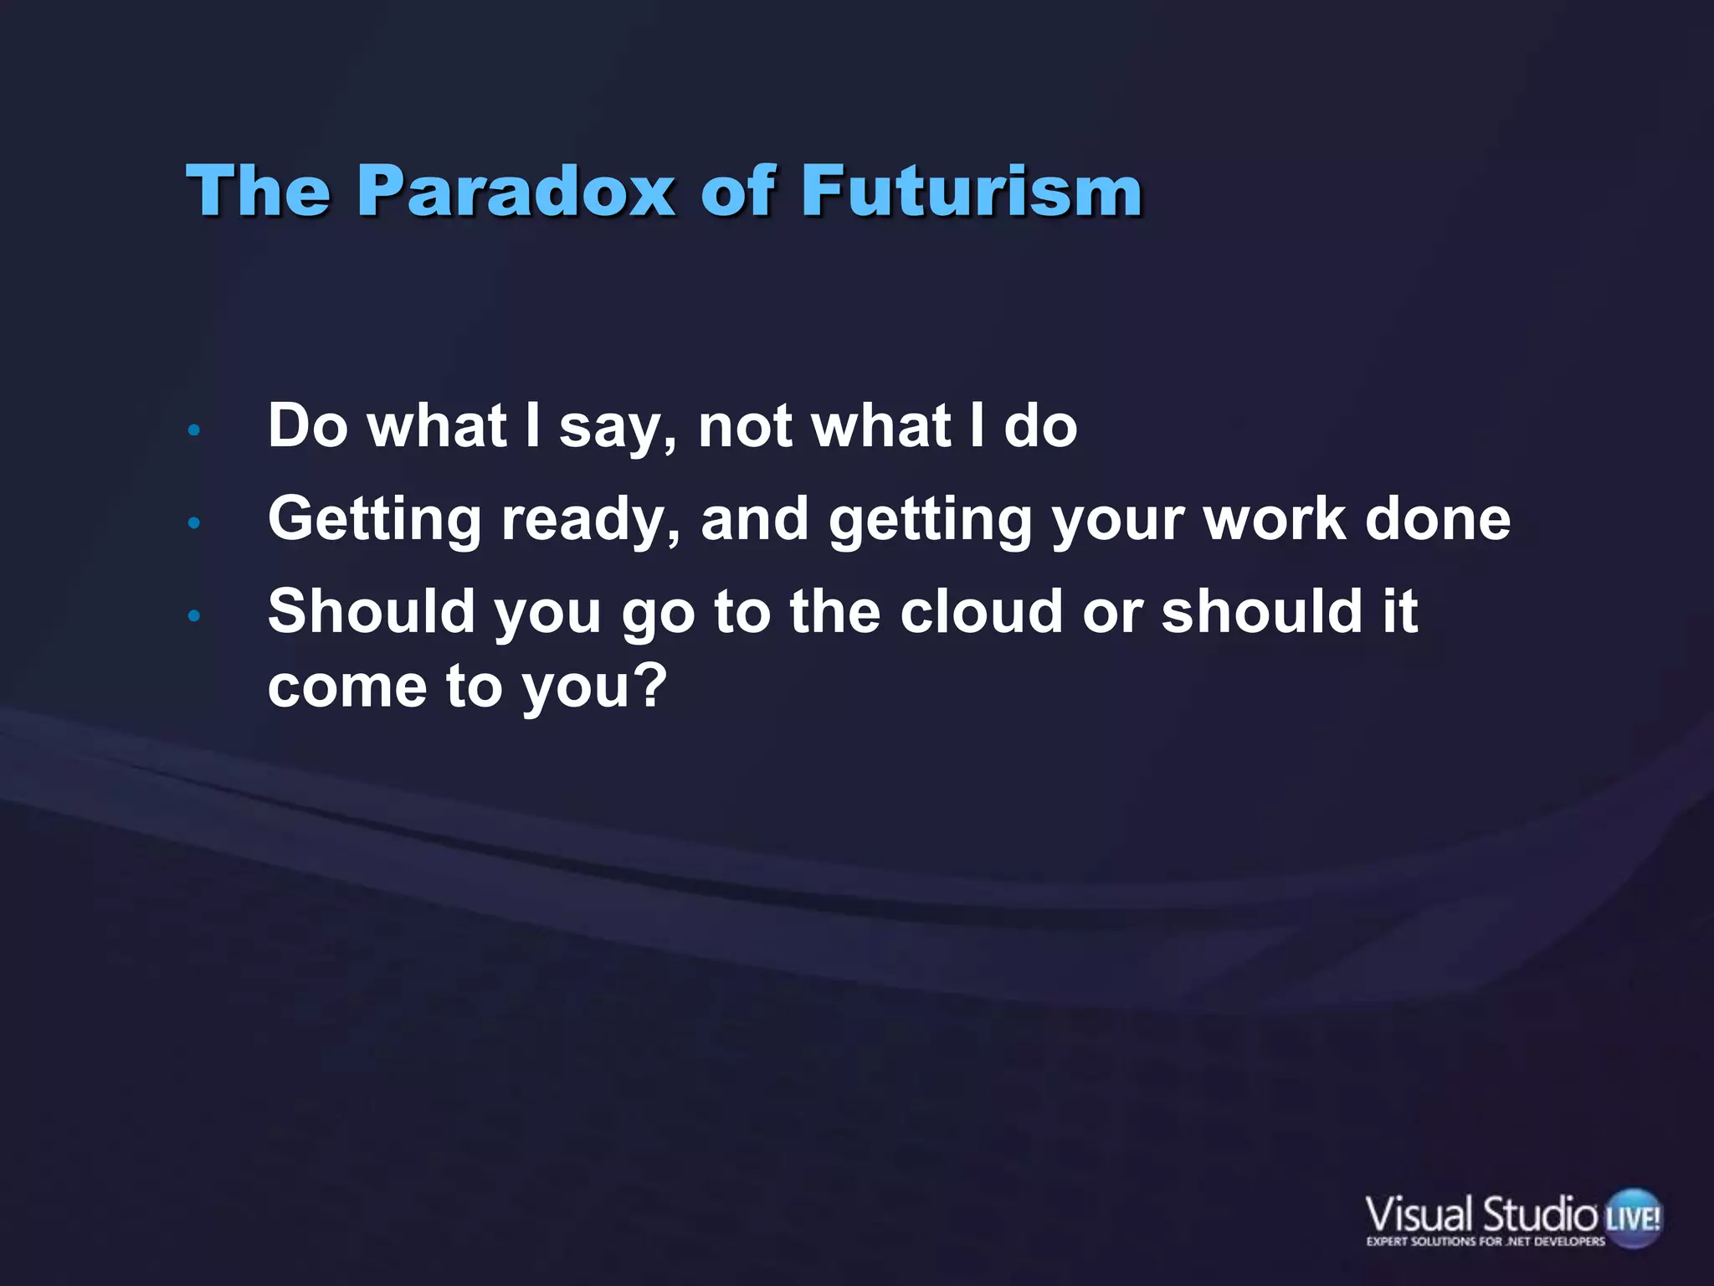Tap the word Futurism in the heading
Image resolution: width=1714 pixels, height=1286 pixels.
coord(972,191)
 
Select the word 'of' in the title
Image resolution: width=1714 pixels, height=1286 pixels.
coord(737,191)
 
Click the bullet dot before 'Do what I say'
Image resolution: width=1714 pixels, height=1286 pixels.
coord(194,430)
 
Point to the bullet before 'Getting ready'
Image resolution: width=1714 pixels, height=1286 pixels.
coord(194,523)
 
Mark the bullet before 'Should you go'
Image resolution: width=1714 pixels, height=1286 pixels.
coord(194,616)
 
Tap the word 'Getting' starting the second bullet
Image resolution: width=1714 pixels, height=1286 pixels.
coord(375,519)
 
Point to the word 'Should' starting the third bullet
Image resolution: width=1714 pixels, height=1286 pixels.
coord(372,611)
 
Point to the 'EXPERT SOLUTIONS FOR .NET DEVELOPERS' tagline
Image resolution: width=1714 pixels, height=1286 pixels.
coord(1486,1242)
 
